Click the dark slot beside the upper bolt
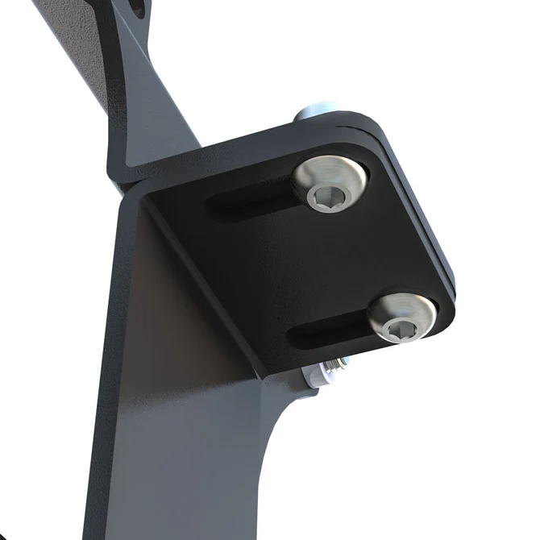(250, 201)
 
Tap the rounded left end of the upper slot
(214, 206)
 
